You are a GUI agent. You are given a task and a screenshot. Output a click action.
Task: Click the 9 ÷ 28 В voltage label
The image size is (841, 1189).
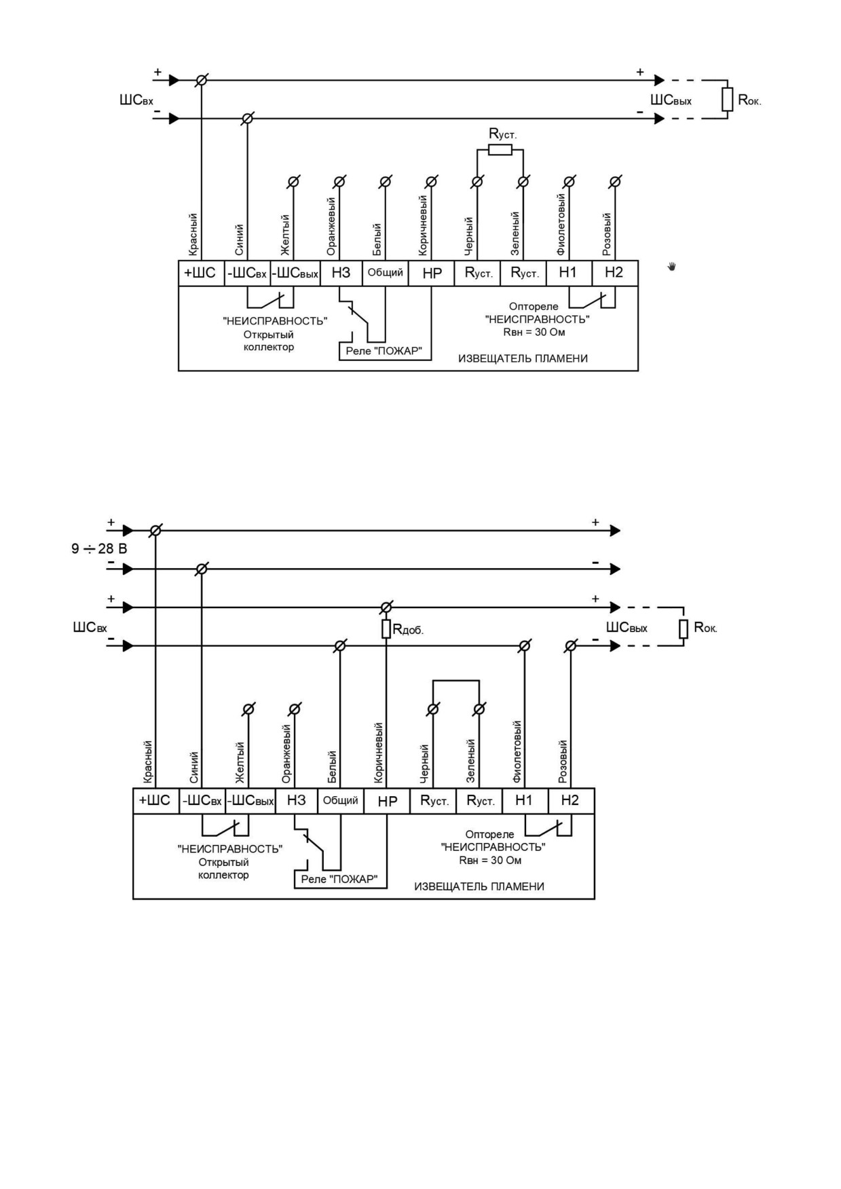click(x=99, y=548)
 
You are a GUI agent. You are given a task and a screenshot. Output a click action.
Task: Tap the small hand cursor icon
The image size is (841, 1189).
click(x=672, y=267)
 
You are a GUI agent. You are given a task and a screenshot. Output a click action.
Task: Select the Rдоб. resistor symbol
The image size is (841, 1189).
click(x=386, y=629)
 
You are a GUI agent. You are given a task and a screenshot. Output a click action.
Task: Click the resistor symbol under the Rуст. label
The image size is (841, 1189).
click(x=500, y=149)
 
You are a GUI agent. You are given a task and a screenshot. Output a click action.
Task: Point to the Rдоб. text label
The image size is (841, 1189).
click(x=408, y=630)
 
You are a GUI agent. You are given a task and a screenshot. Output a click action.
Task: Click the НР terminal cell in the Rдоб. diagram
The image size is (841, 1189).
click(x=387, y=801)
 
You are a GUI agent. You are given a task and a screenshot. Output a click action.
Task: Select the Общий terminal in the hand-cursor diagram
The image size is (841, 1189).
click(x=386, y=273)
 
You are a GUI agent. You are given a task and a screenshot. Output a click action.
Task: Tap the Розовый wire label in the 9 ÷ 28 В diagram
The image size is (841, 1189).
click(x=562, y=761)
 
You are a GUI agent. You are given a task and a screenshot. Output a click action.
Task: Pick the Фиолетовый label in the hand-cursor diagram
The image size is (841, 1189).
click(x=561, y=225)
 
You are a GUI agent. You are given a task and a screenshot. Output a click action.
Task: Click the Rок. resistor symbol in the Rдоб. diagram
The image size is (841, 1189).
click(x=684, y=629)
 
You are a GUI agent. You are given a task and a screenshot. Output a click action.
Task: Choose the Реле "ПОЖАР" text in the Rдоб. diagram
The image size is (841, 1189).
click(x=339, y=879)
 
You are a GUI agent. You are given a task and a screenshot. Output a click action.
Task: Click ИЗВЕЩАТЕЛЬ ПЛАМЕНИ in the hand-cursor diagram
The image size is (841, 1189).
click(x=523, y=358)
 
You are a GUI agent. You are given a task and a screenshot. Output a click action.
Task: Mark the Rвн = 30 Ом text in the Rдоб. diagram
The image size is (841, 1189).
click(x=490, y=861)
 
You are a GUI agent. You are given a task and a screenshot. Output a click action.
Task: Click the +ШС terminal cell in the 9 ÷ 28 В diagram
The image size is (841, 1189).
click(x=155, y=801)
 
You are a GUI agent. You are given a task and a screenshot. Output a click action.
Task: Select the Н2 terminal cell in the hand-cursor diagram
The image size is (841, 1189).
click(x=614, y=273)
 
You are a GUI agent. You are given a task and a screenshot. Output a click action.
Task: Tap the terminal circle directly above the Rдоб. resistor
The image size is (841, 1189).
click(x=386, y=607)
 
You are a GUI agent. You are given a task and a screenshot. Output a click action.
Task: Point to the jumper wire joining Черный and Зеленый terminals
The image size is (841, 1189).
click(x=456, y=681)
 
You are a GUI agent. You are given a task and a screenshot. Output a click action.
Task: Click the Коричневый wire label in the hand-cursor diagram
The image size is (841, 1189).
click(x=423, y=225)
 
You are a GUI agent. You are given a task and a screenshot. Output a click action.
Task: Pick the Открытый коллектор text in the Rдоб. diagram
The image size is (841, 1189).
click(x=223, y=869)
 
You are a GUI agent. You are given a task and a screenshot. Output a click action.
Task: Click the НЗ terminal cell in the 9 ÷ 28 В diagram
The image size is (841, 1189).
click(x=296, y=801)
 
